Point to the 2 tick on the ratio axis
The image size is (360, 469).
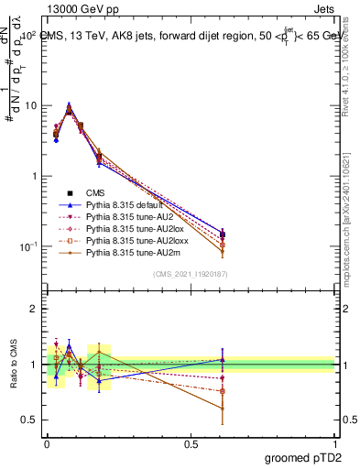point(34,310)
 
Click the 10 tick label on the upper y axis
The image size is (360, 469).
point(30,105)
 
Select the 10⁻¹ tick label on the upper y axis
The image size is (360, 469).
point(28,246)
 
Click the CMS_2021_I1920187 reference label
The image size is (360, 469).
point(191,274)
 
